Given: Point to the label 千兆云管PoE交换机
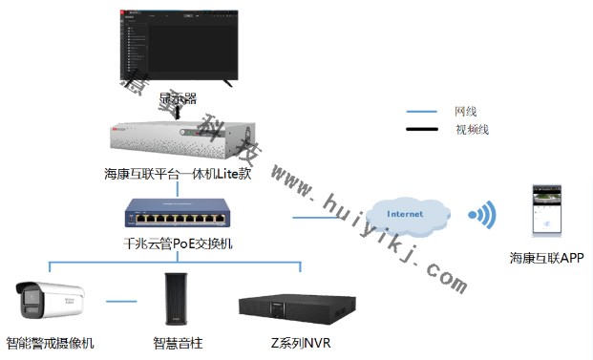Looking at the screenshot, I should coord(178,244).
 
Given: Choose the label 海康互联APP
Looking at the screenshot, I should coord(545,258).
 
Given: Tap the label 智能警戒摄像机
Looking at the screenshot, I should coord(50,343).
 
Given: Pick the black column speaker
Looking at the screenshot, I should coord(175,300).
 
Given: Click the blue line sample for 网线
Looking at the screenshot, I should coord(421,112).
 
